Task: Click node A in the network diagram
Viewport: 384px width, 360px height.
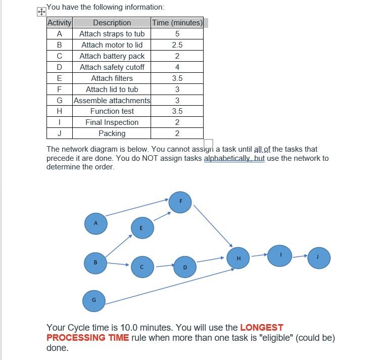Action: click(x=96, y=223)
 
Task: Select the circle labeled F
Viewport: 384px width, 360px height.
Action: click(x=180, y=202)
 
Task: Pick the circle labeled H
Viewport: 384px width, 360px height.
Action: click(x=238, y=258)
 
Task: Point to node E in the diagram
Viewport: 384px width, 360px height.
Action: click(x=142, y=228)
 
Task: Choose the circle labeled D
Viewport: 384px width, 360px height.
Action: click(x=184, y=266)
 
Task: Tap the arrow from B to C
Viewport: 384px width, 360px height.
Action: click(x=118, y=263)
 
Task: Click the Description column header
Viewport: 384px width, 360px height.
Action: click(x=112, y=23)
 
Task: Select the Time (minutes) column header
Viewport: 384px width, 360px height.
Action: click(x=177, y=23)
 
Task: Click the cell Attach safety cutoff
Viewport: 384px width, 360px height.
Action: click(x=112, y=67)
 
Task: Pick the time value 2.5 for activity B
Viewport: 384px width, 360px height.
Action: click(x=177, y=45)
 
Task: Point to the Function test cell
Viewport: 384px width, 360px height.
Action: click(x=112, y=111)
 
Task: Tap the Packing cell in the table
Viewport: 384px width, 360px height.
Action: click(x=112, y=133)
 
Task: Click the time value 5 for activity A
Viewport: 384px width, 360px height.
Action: click(x=177, y=34)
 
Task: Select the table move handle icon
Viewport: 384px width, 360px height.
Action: click(x=41, y=11)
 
